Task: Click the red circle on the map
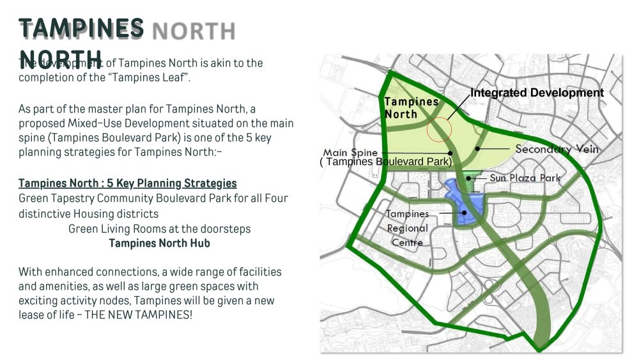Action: click(x=439, y=129)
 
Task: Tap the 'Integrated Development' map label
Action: click(x=537, y=93)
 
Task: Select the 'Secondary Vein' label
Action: click(x=557, y=149)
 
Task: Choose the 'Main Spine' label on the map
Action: click(x=350, y=153)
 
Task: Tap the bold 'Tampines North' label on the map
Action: click(x=411, y=108)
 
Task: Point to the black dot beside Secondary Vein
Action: click(x=477, y=148)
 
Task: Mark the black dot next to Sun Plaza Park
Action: click(x=469, y=178)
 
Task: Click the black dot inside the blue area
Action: click(x=465, y=214)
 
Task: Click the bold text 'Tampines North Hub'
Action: click(x=159, y=243)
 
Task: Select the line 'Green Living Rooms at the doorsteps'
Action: click(x=159, y=228)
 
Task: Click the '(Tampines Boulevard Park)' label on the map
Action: click(x=386, y=162)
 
